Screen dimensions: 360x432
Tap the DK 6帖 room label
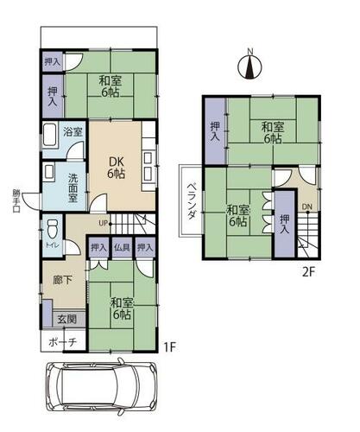tap(117, 168)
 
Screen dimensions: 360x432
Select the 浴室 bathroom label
tap(73, 132)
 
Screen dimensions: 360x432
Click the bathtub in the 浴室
tap(49, 136)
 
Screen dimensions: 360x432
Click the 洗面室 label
tap(73, 187)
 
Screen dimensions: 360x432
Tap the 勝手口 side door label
tap(16, 200)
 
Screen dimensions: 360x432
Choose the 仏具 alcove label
tap(123, 247)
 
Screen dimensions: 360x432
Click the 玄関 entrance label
tap(67, 319)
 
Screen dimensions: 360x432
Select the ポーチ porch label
tap(63, 342)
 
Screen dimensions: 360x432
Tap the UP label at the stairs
tap(103, 223)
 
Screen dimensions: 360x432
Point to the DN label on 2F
tap(307, 206)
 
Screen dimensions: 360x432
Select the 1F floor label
tap(169, 346)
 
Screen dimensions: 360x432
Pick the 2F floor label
tap(309, 272)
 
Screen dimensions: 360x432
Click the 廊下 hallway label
tap(63, 280)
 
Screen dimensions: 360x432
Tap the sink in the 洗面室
tap(48, 172)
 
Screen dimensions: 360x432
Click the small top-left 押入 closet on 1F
tap(53, 61)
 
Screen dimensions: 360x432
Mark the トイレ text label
tap(52, 245)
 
